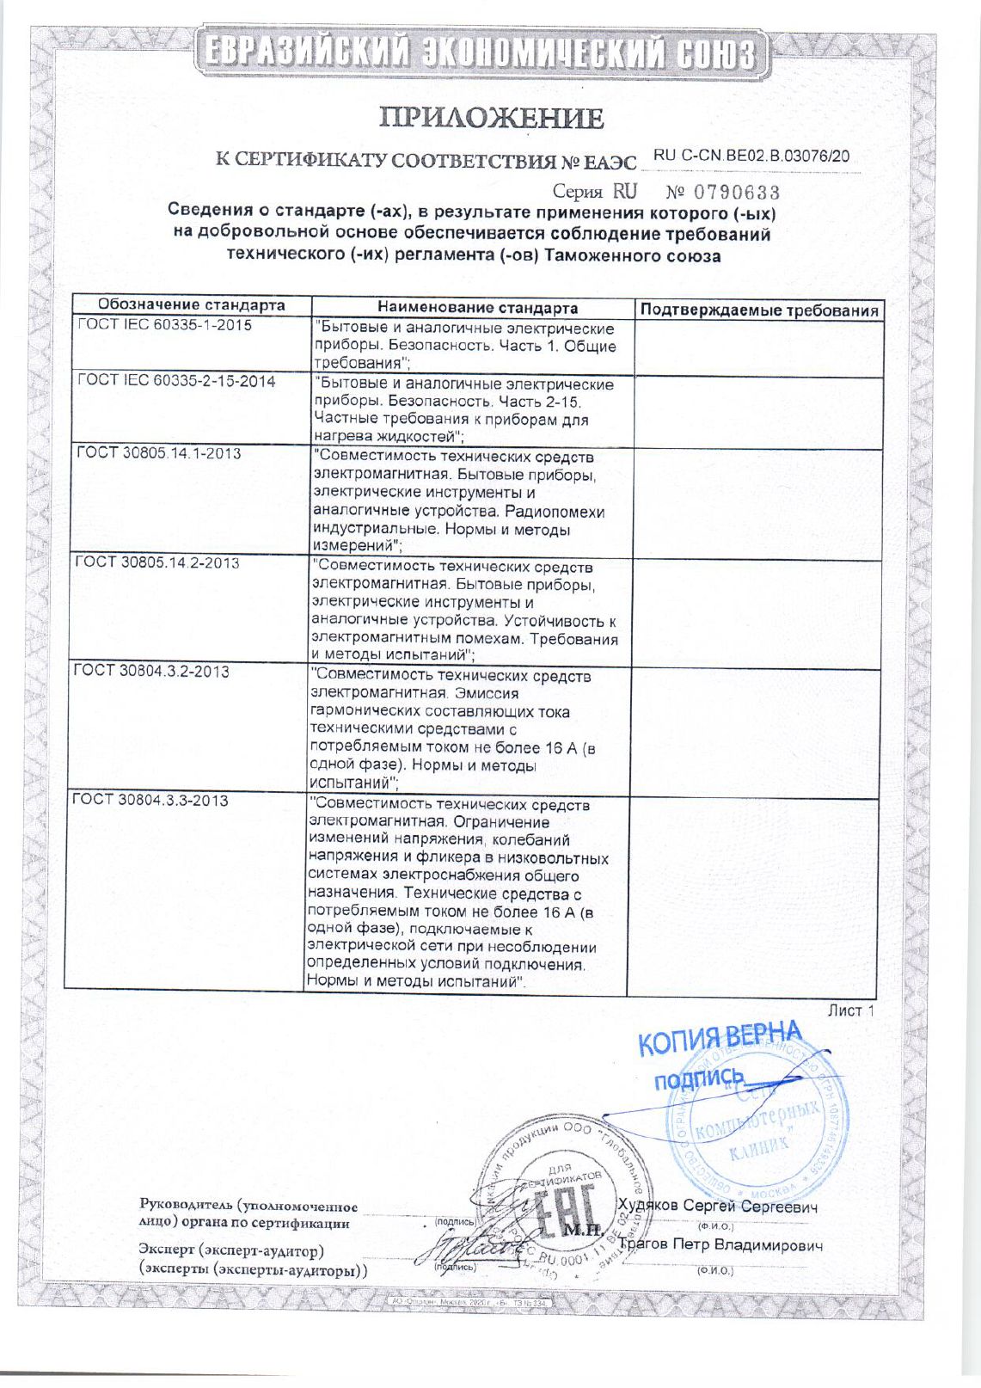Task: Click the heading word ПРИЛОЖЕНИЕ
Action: coord(491,118)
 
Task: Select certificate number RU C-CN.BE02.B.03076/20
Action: coord(751,156)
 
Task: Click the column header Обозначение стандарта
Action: coord(191,304)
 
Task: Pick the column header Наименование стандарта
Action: coord(478,308)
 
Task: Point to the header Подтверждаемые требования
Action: coord(760,310)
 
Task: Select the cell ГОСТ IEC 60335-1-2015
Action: coord(165,325)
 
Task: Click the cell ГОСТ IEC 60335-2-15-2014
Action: coord(176,381)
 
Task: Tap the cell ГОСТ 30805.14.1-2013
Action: coord(158,453)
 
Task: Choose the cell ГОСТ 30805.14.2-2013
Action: coord(156,562)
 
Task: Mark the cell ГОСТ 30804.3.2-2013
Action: coord(151,671)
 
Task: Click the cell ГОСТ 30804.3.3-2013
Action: coord(150,800)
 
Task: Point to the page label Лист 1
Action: coord(850,1010)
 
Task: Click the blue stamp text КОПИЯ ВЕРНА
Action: coord(720,1039)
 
